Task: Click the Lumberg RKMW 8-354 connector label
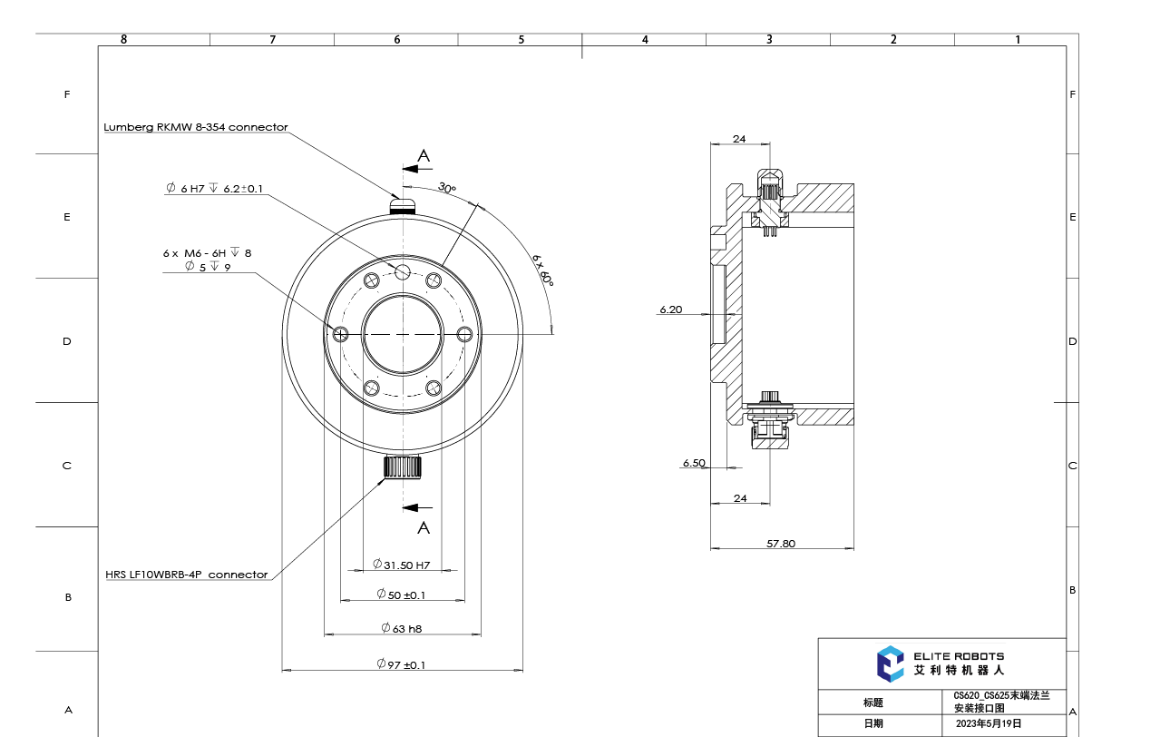pos(195,127)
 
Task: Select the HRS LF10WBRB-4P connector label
pos(186,575)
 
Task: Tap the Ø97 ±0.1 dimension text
pos(401,664)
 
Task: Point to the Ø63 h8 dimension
pos(401,628)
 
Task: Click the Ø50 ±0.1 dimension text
pos(401,595)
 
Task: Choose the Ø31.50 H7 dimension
pos(401,565)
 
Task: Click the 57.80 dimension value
pos(780,544)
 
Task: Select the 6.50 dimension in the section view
pos(694,463)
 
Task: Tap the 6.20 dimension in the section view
pos(670,310)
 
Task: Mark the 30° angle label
pos(447,188)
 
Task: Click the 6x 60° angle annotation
pos(542,270)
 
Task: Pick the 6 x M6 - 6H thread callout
pos(207,253)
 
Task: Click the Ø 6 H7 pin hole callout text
pos(214,188)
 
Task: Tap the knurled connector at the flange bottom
pos(401,467)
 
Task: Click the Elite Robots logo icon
pos(890,663)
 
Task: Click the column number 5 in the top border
pos(521,39)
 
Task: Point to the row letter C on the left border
pos(66,466)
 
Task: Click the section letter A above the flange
pos(423,156)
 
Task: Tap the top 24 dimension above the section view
pos(738,139)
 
